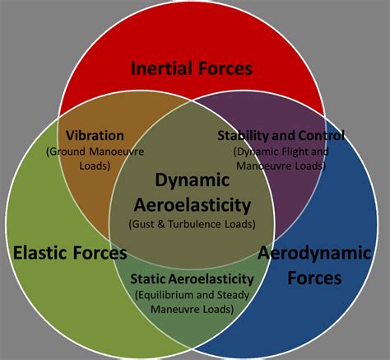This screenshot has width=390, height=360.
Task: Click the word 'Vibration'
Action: coord(95,135)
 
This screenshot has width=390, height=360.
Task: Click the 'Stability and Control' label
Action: coord(281,135)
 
